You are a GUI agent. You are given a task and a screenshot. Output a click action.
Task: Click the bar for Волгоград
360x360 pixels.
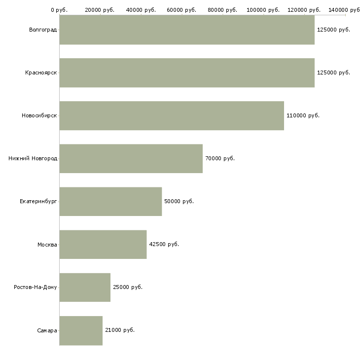coord(187,30)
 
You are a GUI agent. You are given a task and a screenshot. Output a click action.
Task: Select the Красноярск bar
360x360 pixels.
coord(187,73)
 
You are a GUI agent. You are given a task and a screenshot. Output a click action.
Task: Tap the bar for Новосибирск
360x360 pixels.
coord(172,116)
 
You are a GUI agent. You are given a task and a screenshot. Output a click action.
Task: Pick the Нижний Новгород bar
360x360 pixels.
coord(131,159)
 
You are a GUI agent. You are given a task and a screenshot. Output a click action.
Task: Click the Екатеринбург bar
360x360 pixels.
coord(110,202)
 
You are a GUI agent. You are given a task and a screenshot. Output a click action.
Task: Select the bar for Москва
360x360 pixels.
coord(103,245)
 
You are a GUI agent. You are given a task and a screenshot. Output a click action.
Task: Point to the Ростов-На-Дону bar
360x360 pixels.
coord(85,288)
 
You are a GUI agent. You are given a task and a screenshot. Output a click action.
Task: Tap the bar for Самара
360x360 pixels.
coord(81,330)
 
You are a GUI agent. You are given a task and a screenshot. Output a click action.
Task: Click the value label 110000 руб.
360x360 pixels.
coord(303,116)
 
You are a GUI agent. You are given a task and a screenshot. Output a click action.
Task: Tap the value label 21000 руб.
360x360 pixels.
coord(120,330)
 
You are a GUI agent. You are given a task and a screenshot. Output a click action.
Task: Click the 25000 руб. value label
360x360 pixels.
coord(128,288)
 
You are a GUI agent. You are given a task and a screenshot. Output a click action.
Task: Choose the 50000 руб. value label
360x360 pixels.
coord(179,202)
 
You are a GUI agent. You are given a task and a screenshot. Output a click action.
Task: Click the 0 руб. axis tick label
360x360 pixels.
coord(59,10)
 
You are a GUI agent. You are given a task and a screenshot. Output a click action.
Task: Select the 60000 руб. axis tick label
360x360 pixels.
coord(182,10)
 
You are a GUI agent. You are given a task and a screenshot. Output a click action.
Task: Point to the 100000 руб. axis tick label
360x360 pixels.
coord(263,10)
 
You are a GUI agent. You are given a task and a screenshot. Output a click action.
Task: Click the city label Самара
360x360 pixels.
coord(47,330)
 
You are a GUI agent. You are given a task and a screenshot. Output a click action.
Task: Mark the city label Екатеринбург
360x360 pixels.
coord(38,202)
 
